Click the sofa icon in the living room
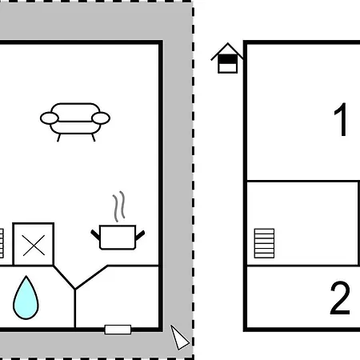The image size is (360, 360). tap(75, 122)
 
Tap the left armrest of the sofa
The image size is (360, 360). tap(50, 118)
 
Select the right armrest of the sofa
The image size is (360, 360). tap(101, 118)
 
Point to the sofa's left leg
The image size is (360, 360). tap(58, 138)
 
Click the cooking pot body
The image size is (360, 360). tap(118, 238)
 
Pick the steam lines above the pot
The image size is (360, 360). tap(119, 206)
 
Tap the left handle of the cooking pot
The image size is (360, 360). tap(95, 234)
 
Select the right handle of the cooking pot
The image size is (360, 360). tap(140, 235)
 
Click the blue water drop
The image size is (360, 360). tap(26, 298)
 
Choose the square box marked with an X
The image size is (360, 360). tap(34, 245)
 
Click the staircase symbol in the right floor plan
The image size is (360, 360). tap(264, 243)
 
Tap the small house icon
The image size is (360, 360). tap(227, 58)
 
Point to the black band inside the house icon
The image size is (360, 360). tap(227, 59)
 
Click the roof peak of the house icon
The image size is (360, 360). tap(227, 43)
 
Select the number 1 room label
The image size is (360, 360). tap(341, 119)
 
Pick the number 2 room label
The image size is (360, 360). tap(340, 298)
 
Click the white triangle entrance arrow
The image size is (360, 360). tap(179, 338)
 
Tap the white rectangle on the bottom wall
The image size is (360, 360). tap(118, 330)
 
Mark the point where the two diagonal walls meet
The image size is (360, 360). tap(75, 290)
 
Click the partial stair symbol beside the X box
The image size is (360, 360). tap(2, 243)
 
